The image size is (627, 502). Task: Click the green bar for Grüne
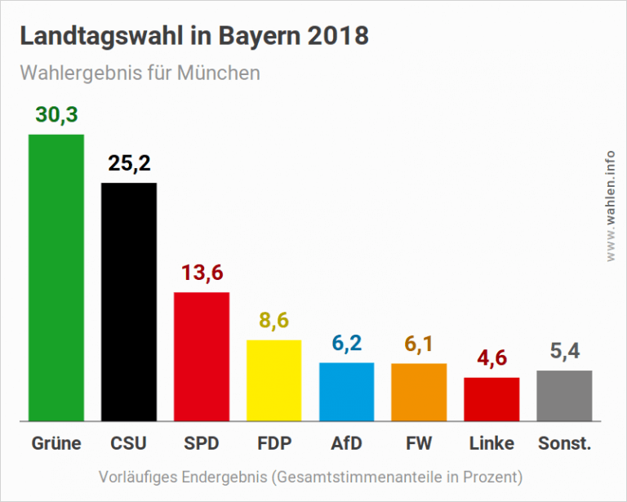(56, 278)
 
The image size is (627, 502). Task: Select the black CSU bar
(129, 302)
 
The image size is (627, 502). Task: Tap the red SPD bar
(202, 357)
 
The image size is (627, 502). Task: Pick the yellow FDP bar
(274, 380)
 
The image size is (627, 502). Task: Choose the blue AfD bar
(347, 392)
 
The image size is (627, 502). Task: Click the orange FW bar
(419, 392)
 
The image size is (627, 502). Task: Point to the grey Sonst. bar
(564, 396)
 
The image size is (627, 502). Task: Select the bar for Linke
(491, 399)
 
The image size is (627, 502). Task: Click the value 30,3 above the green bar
(56, 115)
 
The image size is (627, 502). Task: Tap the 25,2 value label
(129, 164)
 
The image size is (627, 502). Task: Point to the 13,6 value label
(202, 273)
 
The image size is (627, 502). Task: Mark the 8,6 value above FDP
(274, 321)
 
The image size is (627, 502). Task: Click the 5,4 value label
(564, 352)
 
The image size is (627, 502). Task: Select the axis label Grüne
(56, 444)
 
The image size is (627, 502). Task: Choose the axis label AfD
(347, 444)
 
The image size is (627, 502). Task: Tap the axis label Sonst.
(564, 444)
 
